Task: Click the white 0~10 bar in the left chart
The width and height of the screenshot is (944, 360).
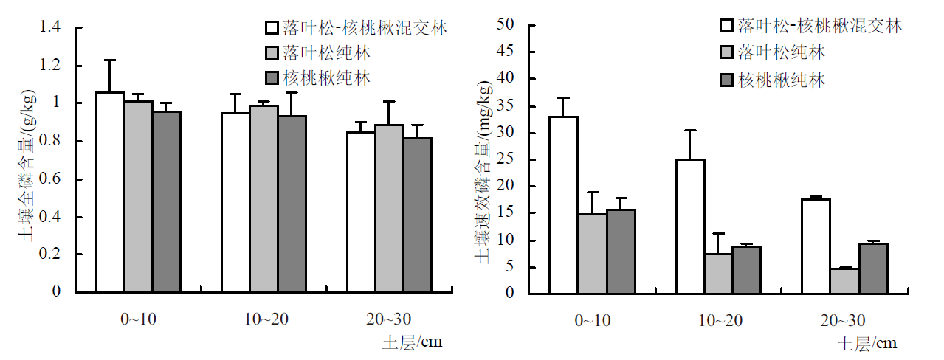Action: coord(110,192)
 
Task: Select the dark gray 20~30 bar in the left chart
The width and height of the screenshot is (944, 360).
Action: coord(417,215)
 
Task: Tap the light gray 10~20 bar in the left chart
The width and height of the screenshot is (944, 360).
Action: coord(263,198)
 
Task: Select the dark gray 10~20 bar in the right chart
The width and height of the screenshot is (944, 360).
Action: coord(747,269)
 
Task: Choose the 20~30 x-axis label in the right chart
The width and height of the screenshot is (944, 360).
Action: coord(843,319)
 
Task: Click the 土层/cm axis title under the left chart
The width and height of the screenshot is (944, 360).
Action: coord(413,342)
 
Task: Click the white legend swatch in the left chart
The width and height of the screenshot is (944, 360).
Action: coord(271,29)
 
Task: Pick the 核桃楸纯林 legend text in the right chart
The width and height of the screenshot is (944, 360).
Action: coord(782,80)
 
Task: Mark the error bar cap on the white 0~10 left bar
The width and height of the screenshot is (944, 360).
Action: coord(110,60)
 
